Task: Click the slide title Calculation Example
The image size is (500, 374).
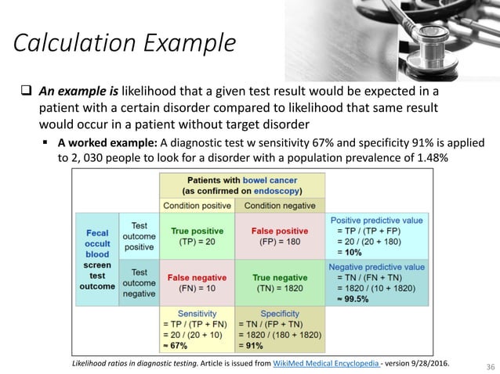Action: (124, 43)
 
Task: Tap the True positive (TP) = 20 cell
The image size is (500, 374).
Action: (197, 236)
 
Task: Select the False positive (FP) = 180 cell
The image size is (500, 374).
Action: (279, 236)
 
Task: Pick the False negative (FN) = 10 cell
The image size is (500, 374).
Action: (197, 282)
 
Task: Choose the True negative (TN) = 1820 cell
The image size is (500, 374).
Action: (279, 282)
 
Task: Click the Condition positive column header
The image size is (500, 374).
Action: (197, 206)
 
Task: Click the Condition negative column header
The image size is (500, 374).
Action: (280, 206)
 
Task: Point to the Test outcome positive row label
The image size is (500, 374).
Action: (139, 236)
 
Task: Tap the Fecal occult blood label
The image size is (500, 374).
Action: (98, 243)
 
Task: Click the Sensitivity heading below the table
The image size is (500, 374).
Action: (197, 313)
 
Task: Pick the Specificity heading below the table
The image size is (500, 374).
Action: (280, 313)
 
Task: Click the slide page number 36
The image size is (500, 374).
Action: (480, 365)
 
